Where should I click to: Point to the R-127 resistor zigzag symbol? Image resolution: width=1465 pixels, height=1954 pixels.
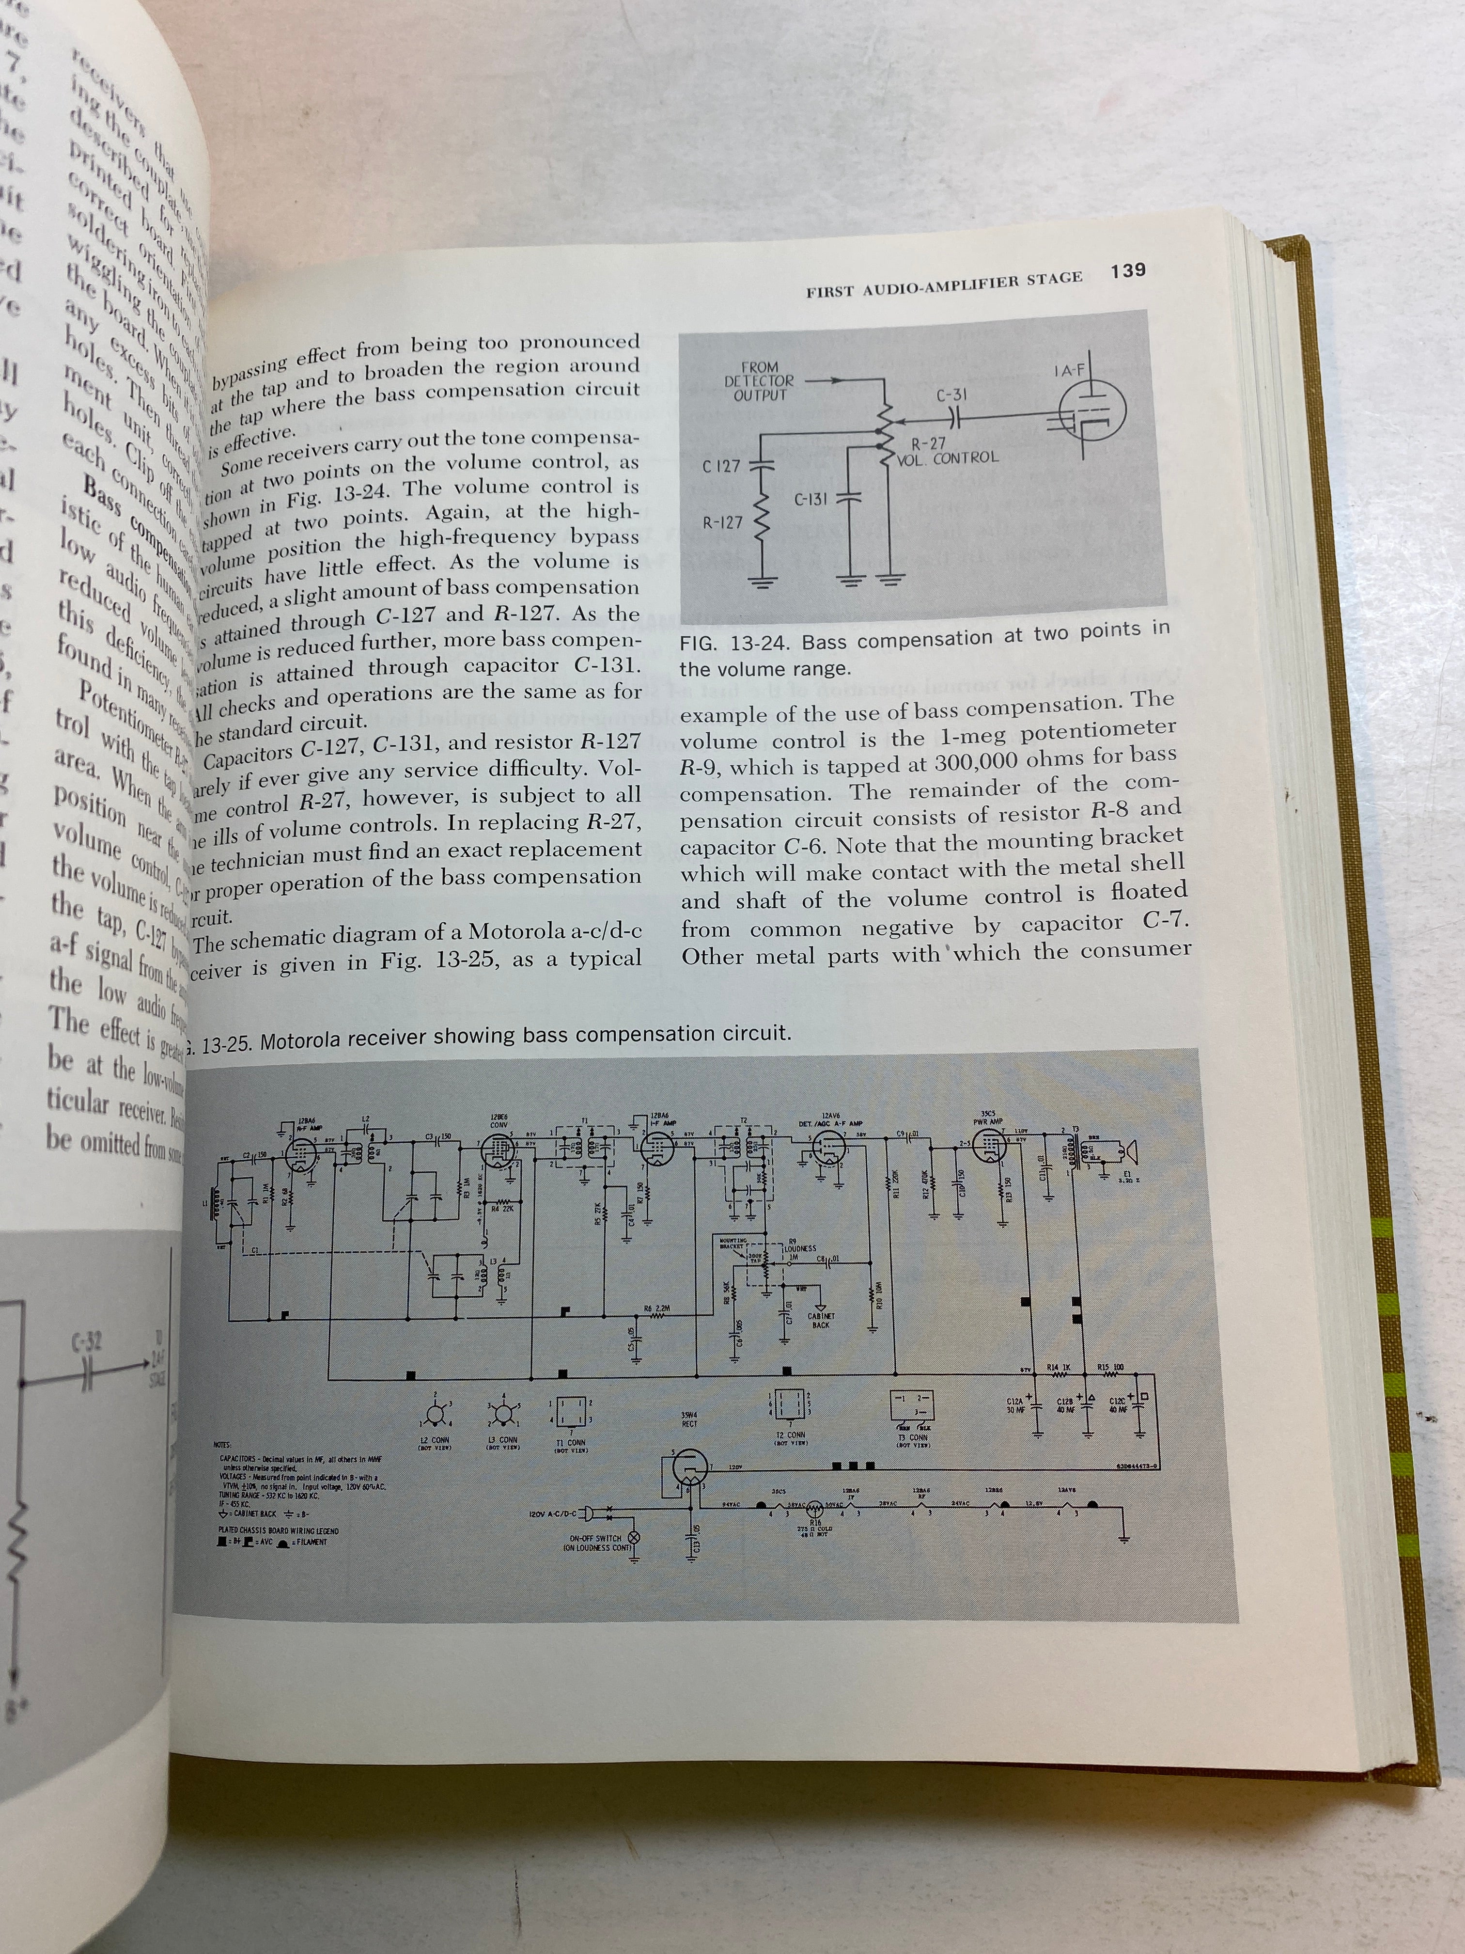point(760,524)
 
